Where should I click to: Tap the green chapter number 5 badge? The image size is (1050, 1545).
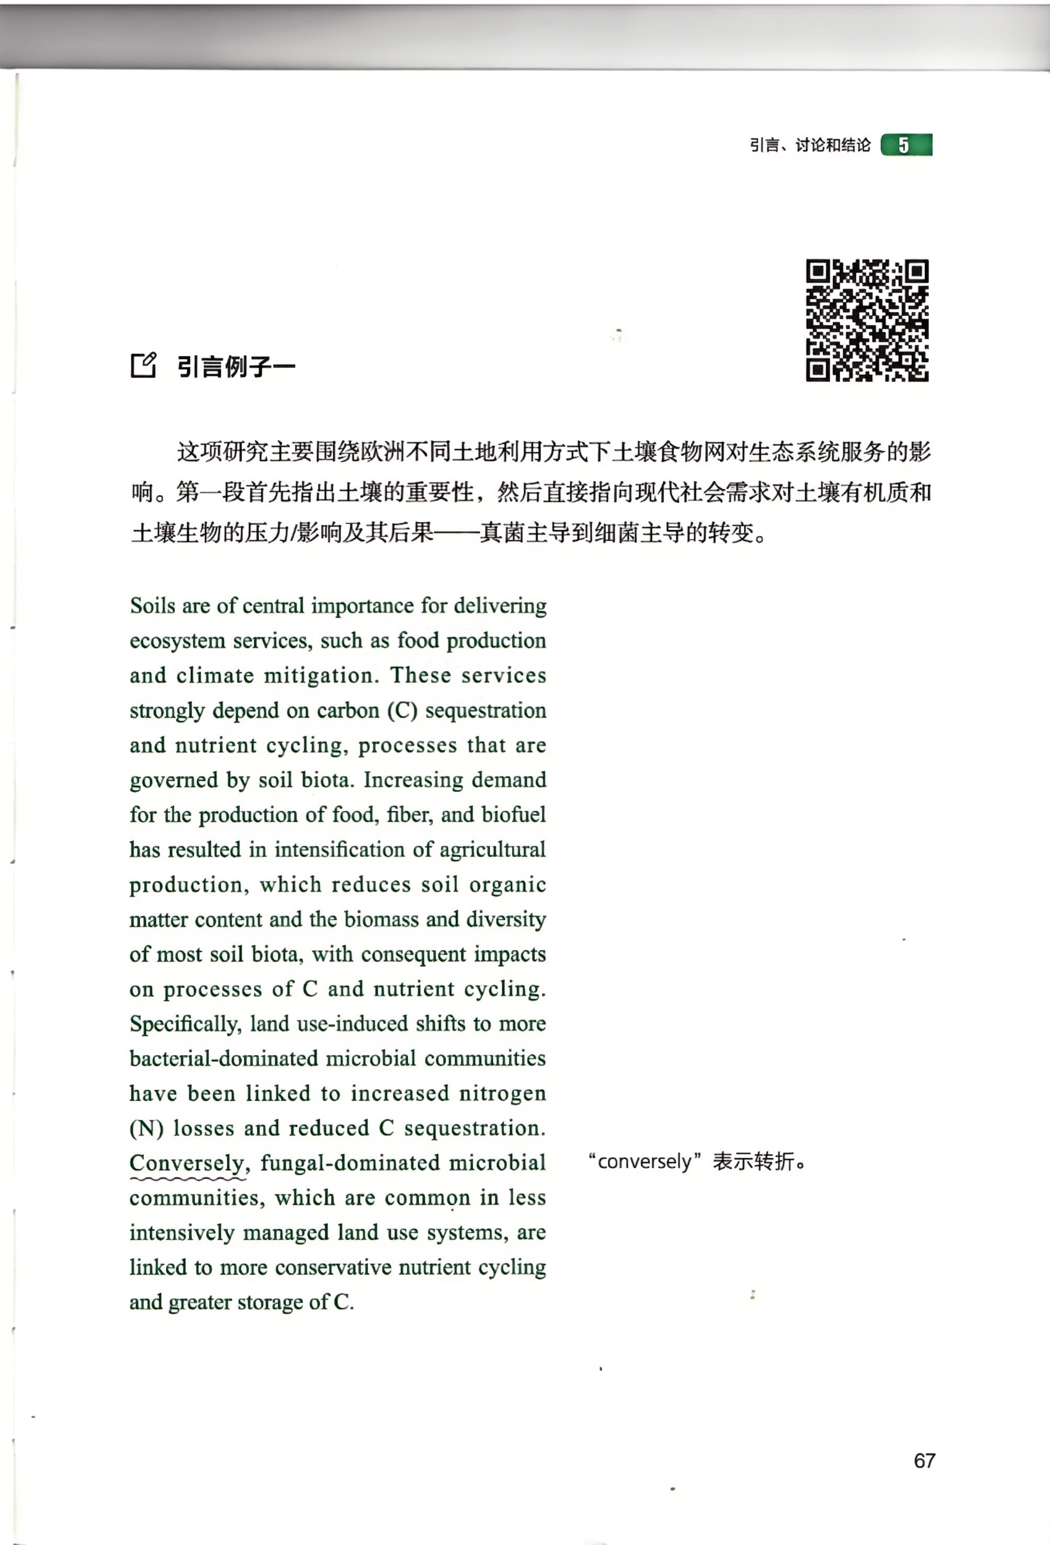coord(906,145)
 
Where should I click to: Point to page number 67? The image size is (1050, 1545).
coord(924,1461)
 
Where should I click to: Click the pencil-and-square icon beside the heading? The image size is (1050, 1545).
coord(143,364)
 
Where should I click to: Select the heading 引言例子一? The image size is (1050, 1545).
coord(236,366)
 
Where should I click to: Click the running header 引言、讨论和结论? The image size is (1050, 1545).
coord(809,145)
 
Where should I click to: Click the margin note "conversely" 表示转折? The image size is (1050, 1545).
coord(696,1161)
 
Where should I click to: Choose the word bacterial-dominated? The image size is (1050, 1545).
coord(224,1058)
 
